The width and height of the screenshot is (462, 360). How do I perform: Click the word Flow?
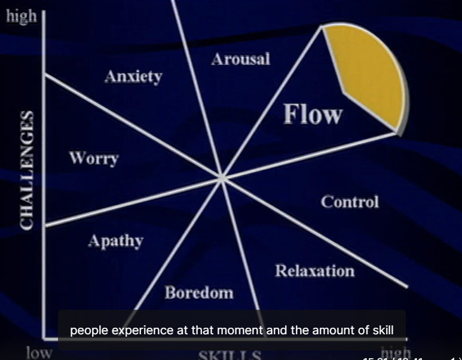[x=313, y=114]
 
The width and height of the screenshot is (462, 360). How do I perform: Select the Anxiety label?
[x=133, y=77]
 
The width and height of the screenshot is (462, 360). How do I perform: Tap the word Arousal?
[x=240, y=59]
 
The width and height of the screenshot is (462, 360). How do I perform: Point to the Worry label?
[x=93, y=159]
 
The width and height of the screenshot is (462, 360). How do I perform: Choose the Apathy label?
[x=115, y=241]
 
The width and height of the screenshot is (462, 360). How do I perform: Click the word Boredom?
[x=199, y=292]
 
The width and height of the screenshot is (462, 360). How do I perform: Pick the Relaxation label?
[x=314, y=271]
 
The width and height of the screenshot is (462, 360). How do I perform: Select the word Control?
[x=350, y=202]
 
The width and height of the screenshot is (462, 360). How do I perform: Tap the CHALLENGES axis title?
[x=26, y=169]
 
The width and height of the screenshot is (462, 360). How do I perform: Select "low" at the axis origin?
[x=39, y=352]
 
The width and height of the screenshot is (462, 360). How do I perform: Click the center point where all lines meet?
[x=221, y=178]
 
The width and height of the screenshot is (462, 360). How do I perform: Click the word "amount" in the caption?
[x=318, y=330]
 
